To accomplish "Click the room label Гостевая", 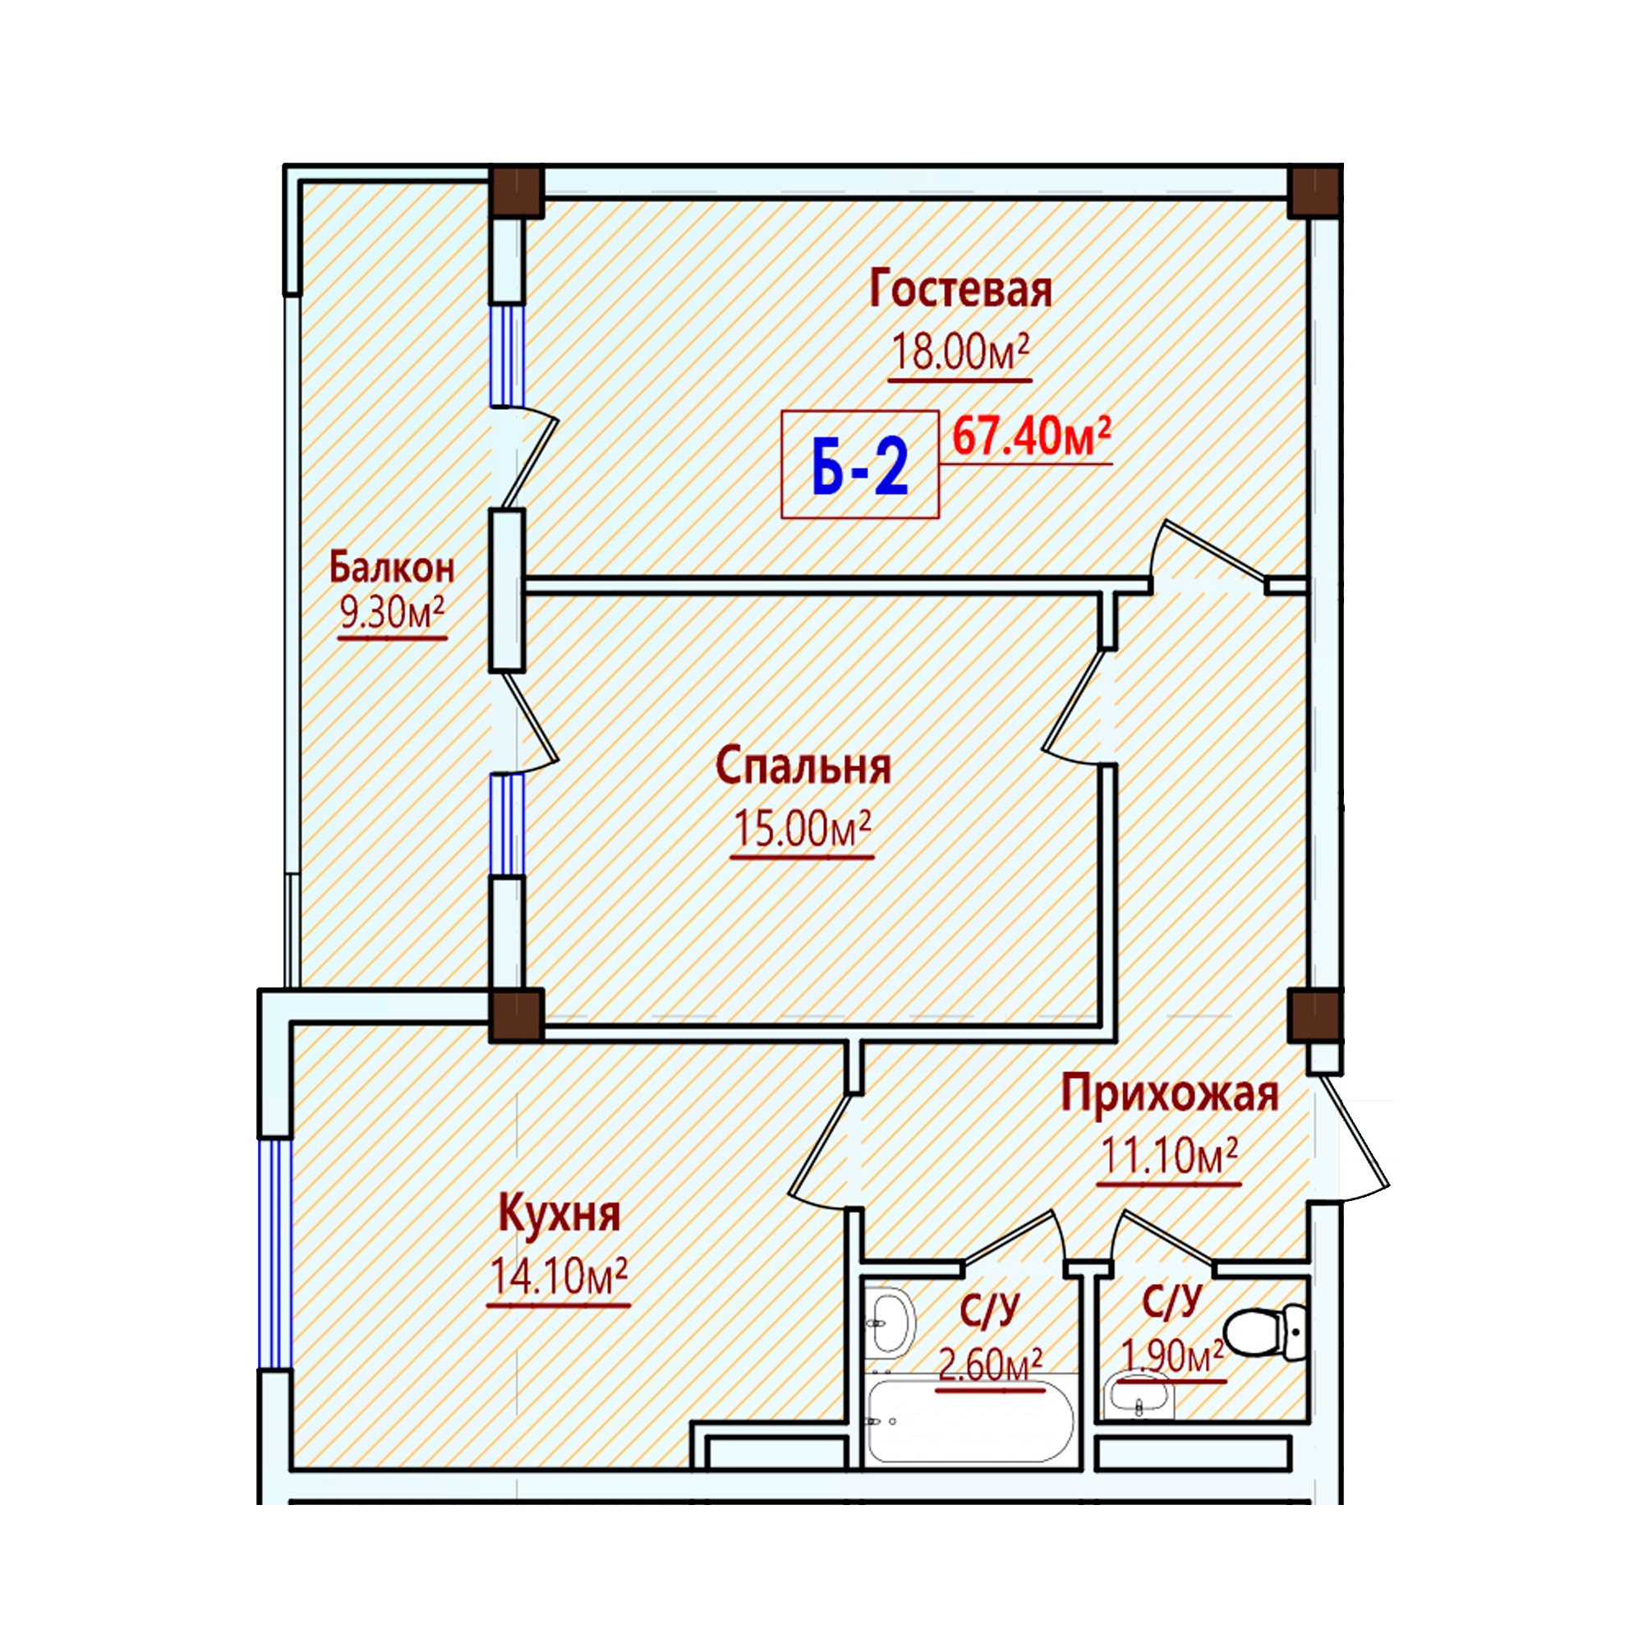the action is (x=960, y=289).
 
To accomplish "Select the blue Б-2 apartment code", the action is (x=860, y=467).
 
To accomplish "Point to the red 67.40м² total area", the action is (x=1032, y=435).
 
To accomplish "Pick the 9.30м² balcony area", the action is (x=392, y=611).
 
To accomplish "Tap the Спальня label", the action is (x=803, y=766).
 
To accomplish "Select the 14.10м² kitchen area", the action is (x=559, y=1276).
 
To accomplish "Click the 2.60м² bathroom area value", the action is (x=990, y=1365).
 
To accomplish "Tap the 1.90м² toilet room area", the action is (x=1173, y=1355).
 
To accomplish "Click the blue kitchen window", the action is (x=274, y=1254).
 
